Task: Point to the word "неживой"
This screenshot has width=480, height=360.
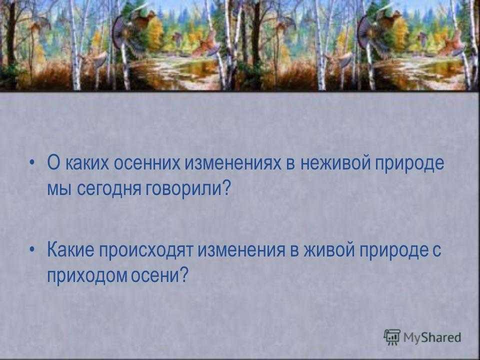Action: click(x=333, y=163)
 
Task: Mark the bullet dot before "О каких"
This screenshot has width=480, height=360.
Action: click(x=32, y=162)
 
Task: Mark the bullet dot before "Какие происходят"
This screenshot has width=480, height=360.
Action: click(x=32, y=249)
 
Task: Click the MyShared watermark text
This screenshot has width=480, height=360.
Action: click(x=432, y=337)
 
